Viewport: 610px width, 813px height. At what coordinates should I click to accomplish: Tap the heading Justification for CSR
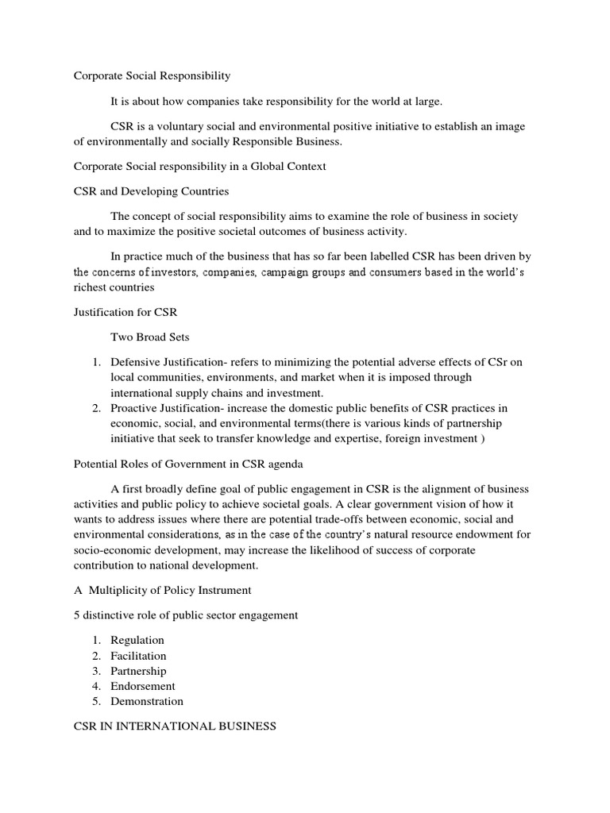(x=125, y=312)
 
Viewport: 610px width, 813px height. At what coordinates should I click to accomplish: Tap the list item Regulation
(x=137, y=640)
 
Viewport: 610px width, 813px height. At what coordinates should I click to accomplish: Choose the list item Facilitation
(x=139, y=656)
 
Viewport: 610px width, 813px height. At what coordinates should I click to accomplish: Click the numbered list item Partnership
(x=138, y=671)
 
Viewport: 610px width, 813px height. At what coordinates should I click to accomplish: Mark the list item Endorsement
(x=143, y=686)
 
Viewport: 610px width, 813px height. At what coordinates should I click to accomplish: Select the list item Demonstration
(x=147, y=701)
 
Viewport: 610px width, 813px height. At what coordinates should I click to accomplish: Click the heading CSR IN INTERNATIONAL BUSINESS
(x=175, y=726)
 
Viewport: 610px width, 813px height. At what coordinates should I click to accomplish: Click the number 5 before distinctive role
(x=77, y=615)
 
